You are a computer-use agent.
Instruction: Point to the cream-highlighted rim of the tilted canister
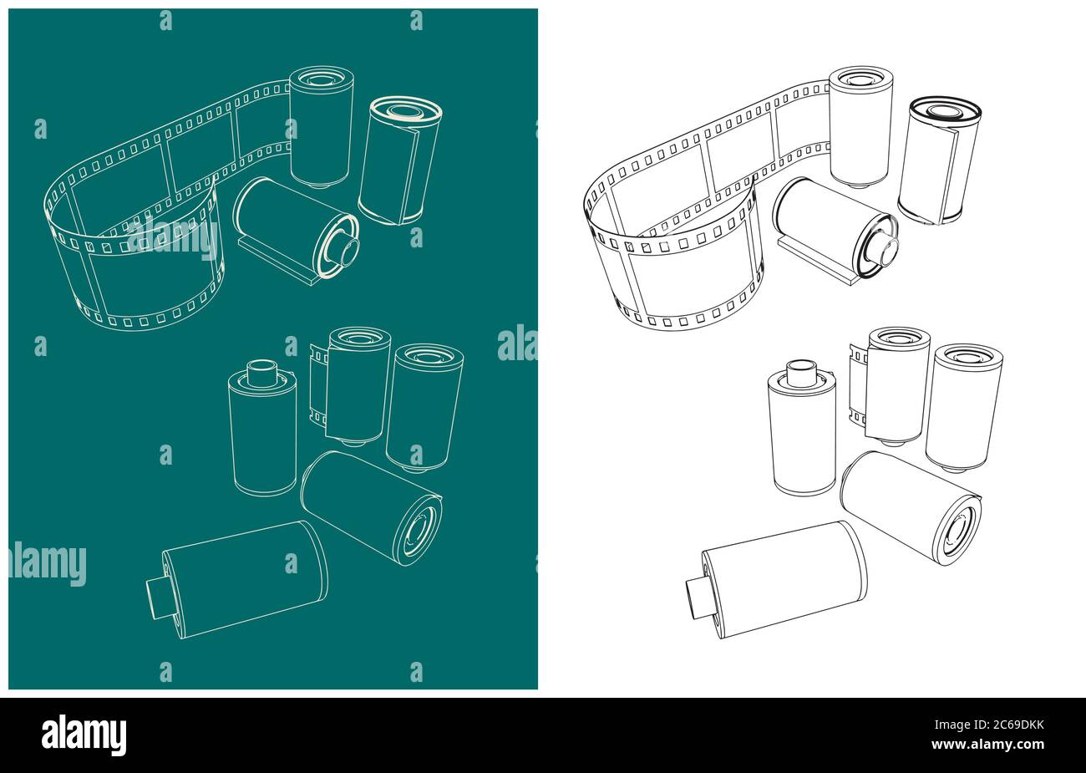point(406,110)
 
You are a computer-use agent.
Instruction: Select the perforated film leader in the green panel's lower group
point(317,391)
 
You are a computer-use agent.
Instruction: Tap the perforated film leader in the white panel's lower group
point(857,391)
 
